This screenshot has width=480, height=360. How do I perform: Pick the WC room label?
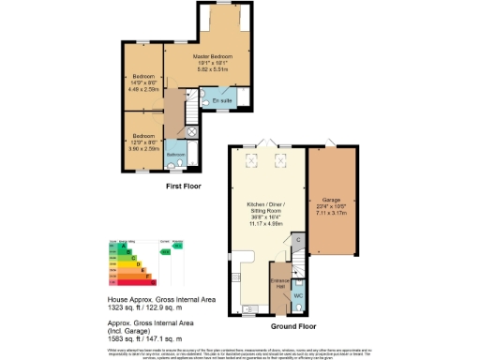(x=298, y=296)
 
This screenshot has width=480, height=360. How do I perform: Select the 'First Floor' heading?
(x=184, y=187)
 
